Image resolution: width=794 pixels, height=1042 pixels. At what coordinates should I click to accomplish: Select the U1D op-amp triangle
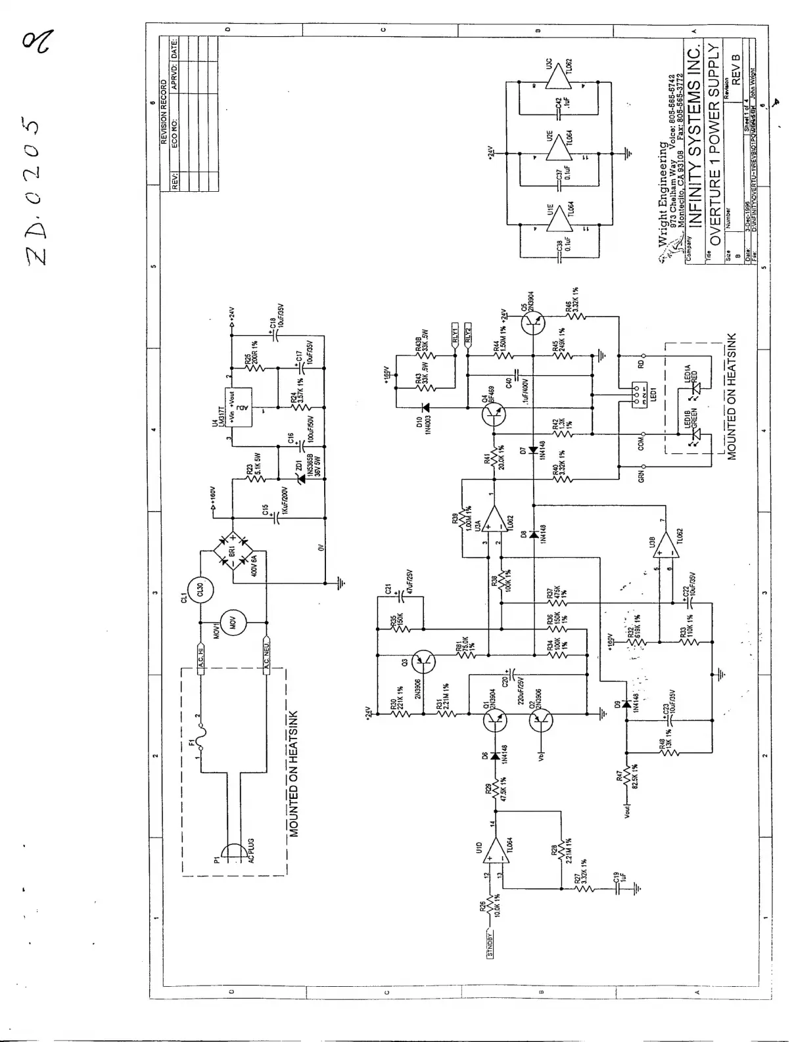tap(501, 858)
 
